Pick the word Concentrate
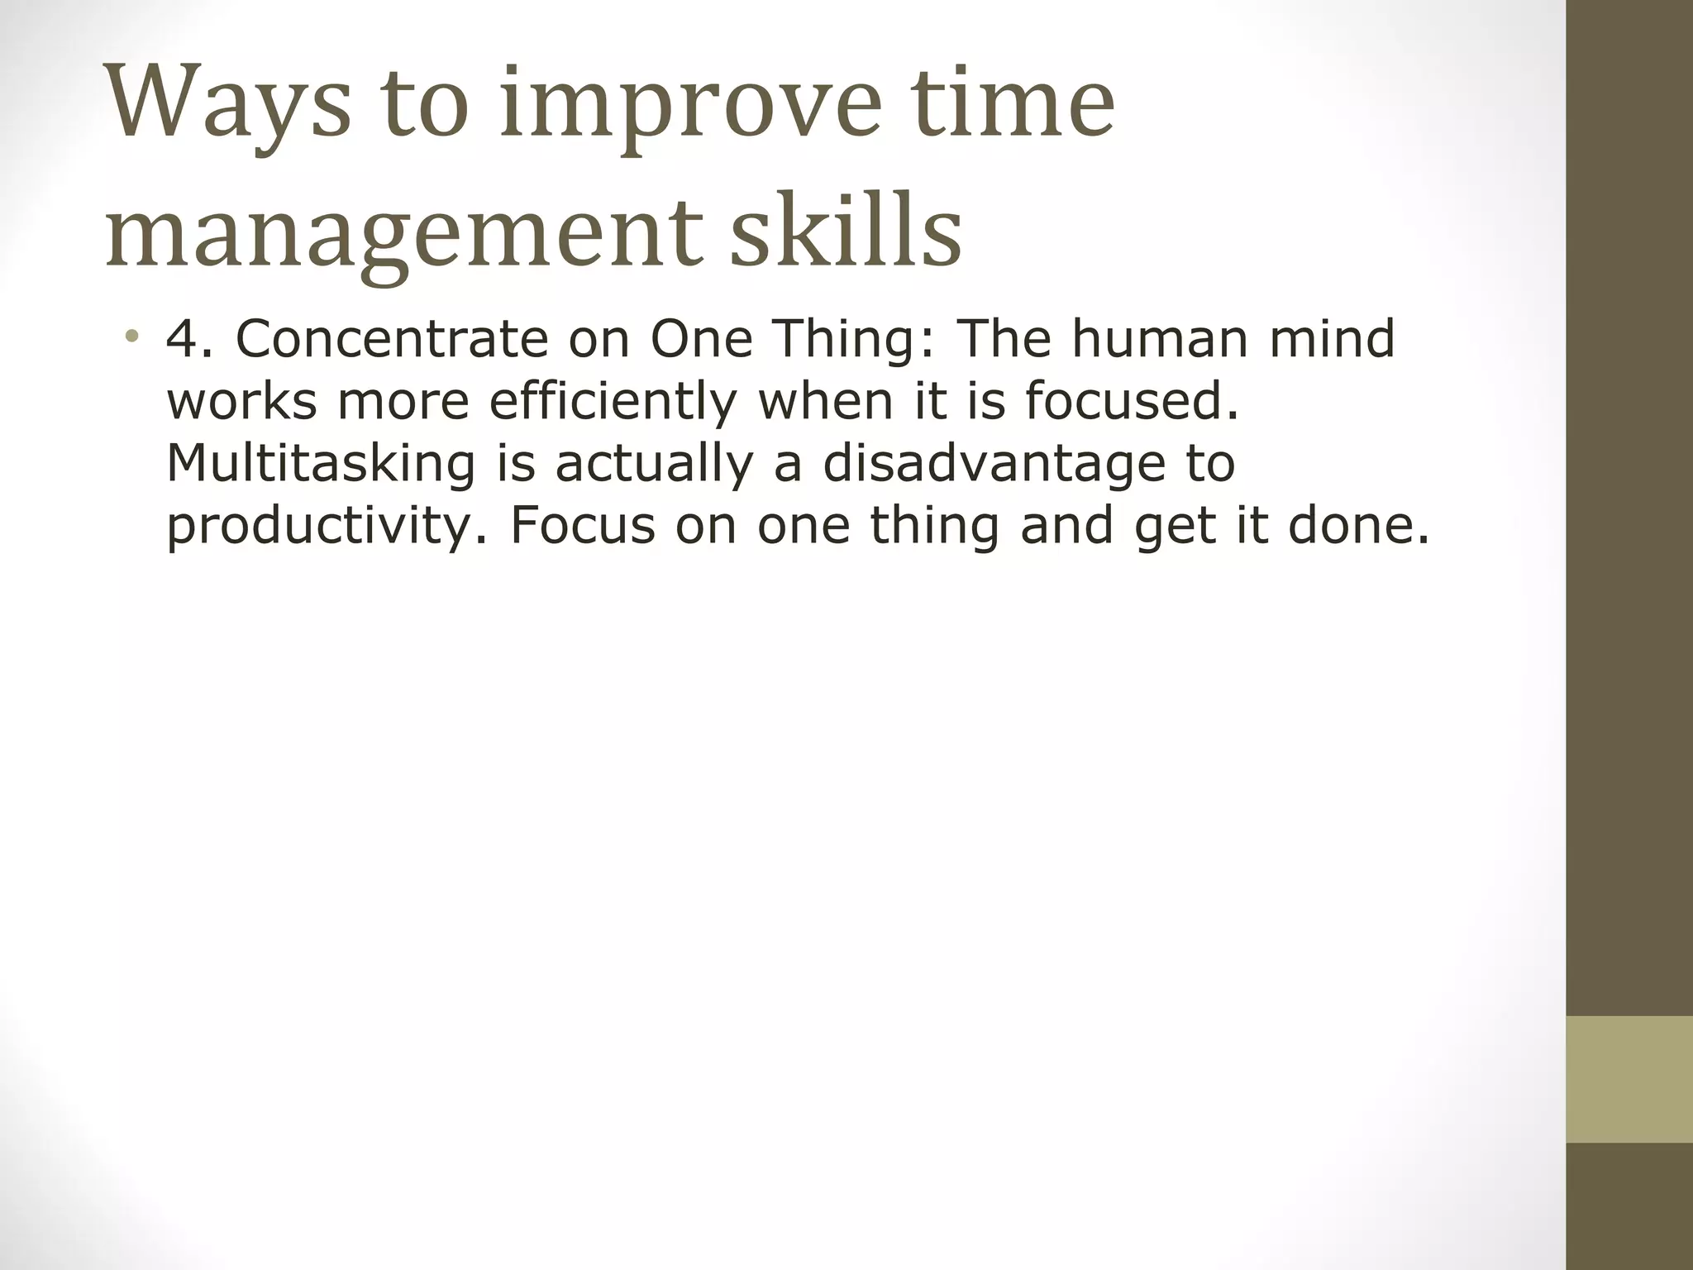point(392,338)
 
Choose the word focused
point(1132,400)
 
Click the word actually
point(654,463)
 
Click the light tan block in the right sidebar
point(1629,1079)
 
